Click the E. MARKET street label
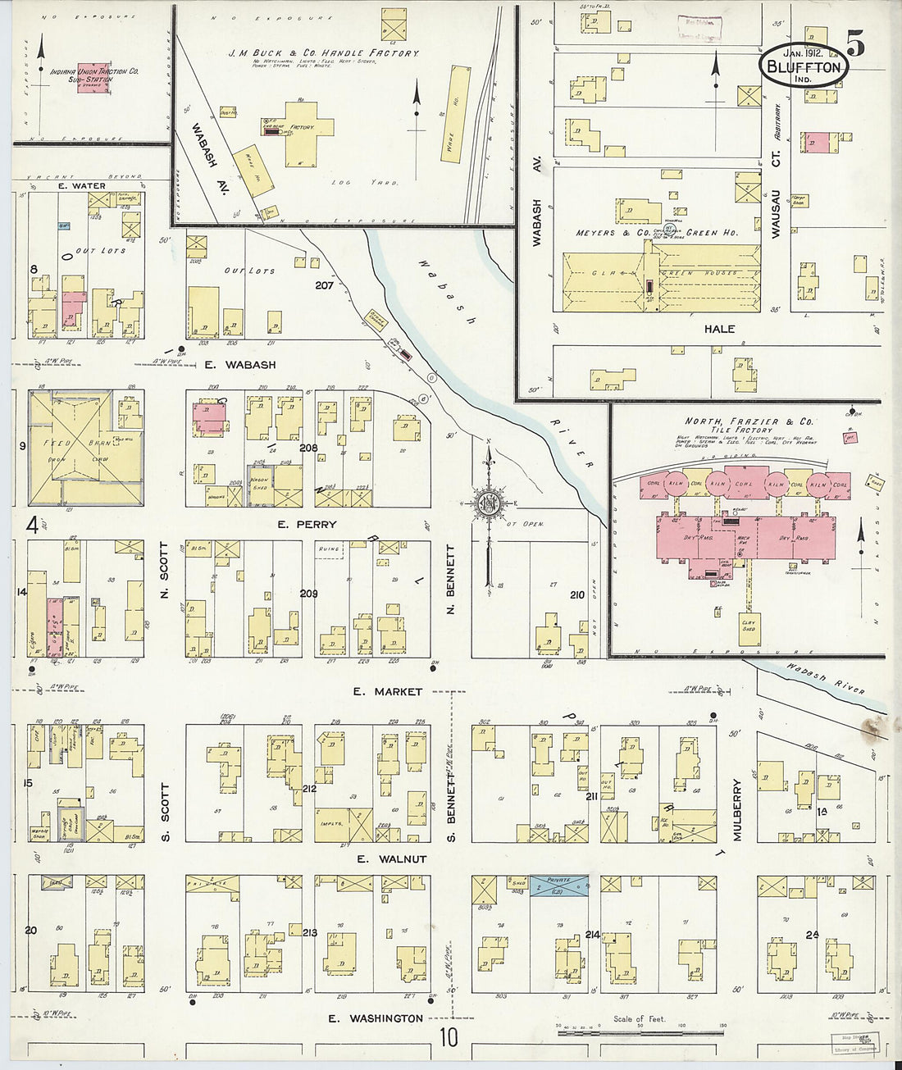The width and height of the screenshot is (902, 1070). coord(387,692)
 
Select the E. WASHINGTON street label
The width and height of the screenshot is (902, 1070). coord(376,1018)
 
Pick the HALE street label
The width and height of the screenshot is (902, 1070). coord(719,329)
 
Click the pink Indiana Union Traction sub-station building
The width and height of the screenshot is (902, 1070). coord(97,78)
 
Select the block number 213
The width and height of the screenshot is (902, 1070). coord(309,932)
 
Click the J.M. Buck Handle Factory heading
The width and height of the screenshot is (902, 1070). coord(323,52)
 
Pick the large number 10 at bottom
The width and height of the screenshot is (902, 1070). coord(448,1038)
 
